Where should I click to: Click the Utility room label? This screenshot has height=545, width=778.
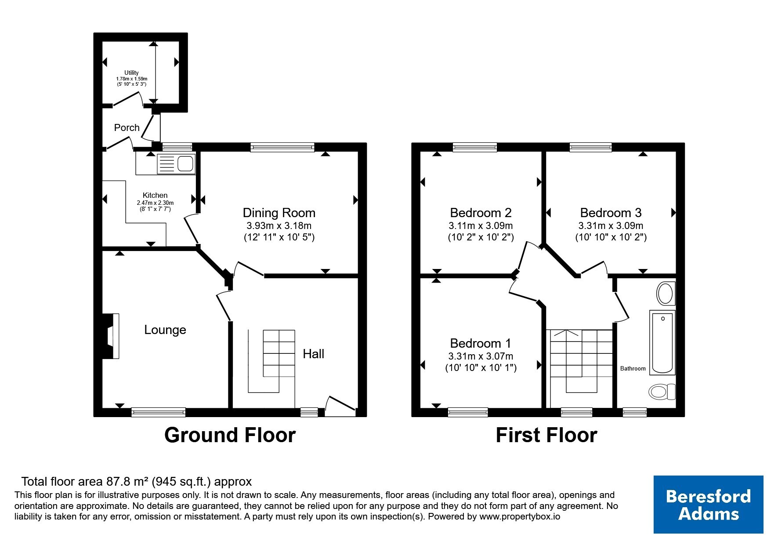[x=131, y=73]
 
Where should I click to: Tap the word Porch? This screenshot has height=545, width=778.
[x=127, y=128]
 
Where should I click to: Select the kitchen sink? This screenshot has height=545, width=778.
[x=176, y=164]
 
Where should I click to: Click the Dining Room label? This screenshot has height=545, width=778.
[x=279, y=213]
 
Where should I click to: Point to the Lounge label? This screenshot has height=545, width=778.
[x=165, y=330]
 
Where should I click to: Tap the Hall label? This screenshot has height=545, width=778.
[x=313, y=354]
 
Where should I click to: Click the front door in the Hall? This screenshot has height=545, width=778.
[x=341, y=406]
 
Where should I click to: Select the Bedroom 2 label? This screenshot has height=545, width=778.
[x=481, y=213]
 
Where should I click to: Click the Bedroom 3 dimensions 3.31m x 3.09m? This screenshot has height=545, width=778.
[x=611, y=226]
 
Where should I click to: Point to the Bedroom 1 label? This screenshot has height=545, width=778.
[x=481, y=343]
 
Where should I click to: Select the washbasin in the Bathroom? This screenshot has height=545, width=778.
[x=666, y=294]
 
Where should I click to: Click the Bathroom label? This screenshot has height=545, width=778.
[x=633, y=369]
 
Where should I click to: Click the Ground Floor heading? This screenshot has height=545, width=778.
[x=230, y=435]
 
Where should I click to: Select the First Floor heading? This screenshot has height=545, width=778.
[x=546, y=435]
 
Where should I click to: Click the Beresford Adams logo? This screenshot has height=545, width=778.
[x=708, y=505]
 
